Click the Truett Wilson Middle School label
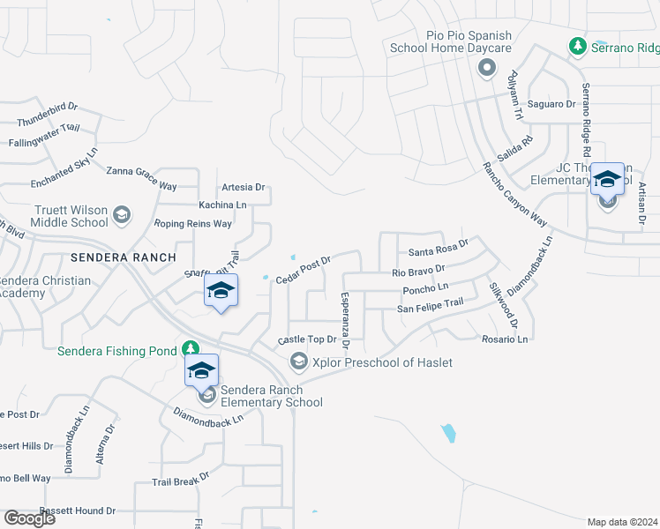(x=60, y=216)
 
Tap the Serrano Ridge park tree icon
(x=577, y=45)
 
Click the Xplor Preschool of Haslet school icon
(x=299, y=362)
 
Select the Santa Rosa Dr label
(x=438, y=248)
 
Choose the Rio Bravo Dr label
(x=417, y=270)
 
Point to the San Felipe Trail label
(x=430, y=308)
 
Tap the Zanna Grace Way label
(x=141, y=178)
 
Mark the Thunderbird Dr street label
(x=48, y=114)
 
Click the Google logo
(x=29, y=518)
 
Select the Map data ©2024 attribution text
(x=623, y=522)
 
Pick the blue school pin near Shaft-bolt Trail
(x=221, y=292)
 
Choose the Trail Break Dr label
(x=180, y=480)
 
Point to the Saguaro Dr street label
(x=551, y=104)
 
